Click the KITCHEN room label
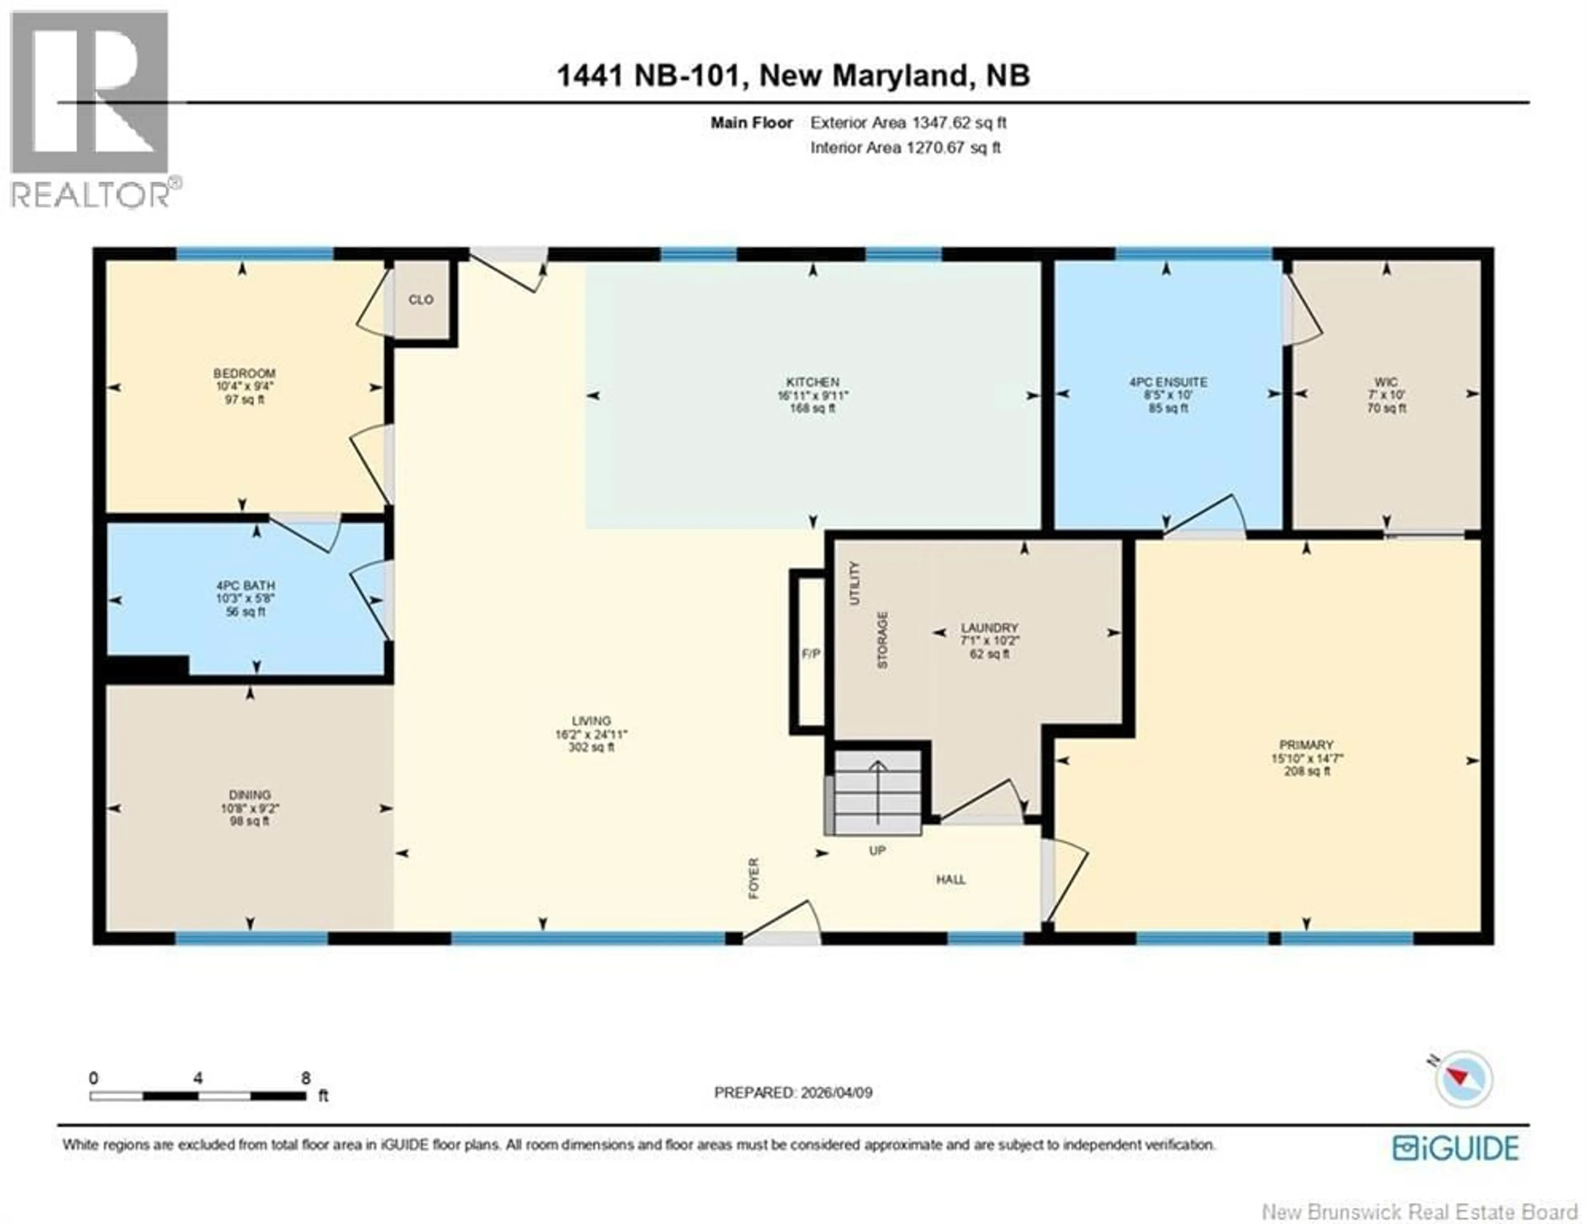click(x=812, y=382)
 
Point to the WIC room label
click(x=1386, y=382)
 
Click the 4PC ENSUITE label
click(x=1168, y=382)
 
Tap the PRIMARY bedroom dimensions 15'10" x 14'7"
click(x=1306, y=758)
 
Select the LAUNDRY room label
click(x=989, y=627)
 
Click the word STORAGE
click(x=882, y=640)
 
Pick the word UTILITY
click(x=854, y=583)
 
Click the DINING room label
click(x=250, y=795)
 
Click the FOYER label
click(x=754, y=878)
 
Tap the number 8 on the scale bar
click(x=306, y=1078)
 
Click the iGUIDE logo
click(x=1455, y=1148)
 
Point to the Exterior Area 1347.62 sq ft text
click(x=908, y=123)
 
